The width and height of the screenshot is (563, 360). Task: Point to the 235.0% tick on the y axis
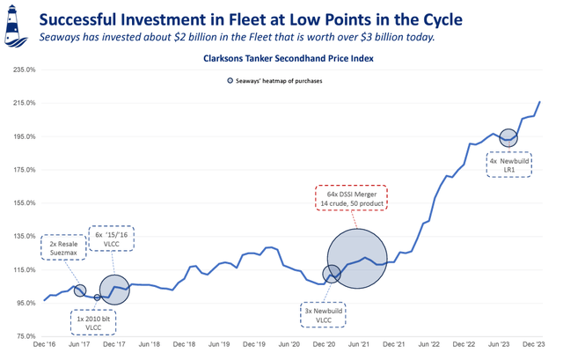(22, 70)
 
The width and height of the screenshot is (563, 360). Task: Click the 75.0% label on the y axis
(22, 336)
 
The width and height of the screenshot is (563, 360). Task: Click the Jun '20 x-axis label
(289, 347)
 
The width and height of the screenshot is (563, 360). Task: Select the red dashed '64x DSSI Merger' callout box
(350, 198)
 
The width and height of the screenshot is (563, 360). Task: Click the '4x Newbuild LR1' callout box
(509, 165)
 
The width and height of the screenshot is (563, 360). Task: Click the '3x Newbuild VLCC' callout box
(324, 315)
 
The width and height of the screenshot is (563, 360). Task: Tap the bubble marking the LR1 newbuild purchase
(508, 138)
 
